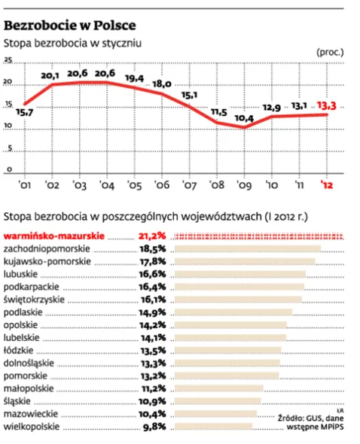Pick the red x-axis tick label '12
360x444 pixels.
click(328, 185)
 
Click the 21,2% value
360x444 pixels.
click(153, 236)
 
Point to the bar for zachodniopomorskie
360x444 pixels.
click(248, 248)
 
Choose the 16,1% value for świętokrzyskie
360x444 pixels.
click(153, 300)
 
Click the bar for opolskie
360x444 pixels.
click(230, 325)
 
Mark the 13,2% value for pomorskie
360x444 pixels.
click(153, 376)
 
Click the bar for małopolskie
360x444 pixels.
click(218, 389)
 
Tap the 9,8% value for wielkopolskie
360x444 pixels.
click(154, 427)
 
